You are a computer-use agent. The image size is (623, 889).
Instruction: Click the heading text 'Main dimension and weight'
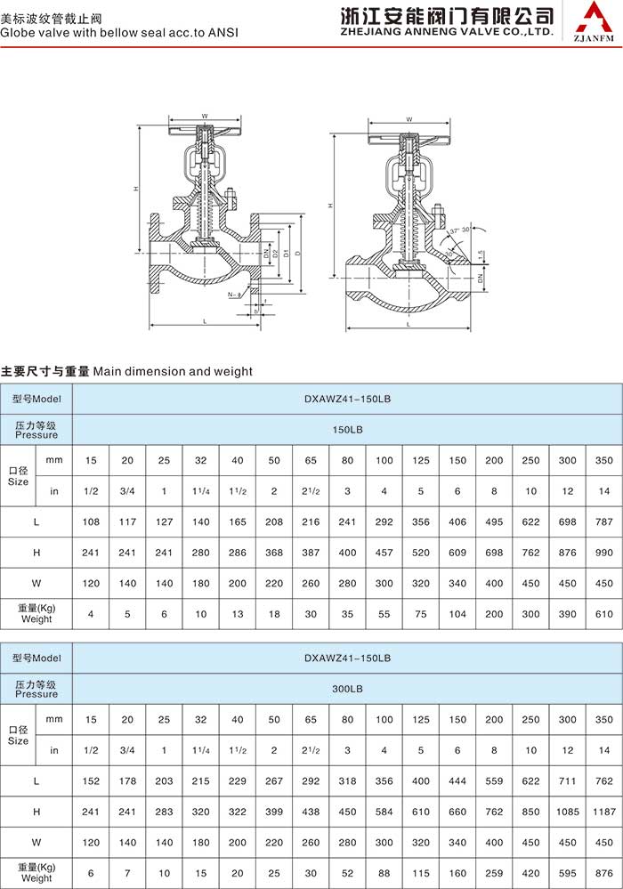tap(173, 371)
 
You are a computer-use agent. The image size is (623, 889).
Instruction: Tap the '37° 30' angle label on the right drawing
tap(460, 230)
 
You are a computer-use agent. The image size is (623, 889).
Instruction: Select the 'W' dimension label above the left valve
tap(204, 117)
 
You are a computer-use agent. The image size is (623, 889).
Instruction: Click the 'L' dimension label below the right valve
tap(409, 325)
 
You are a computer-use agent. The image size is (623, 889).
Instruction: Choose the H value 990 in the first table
tap(604, 554)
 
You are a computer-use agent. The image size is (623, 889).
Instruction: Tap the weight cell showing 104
tap(457, 615)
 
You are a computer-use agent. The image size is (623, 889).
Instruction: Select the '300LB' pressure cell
tap(347, 688)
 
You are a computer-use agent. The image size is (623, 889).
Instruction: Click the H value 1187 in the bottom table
tap(604, 812)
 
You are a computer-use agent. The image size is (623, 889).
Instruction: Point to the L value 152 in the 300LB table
tap(92, 780)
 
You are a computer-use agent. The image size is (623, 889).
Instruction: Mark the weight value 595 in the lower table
tap(568, 873)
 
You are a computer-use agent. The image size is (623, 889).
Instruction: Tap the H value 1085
tap(568, 812)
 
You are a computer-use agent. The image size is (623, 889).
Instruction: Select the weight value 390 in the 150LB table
tap(568, 615)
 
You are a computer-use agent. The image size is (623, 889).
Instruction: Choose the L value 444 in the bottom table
tap(457, 780)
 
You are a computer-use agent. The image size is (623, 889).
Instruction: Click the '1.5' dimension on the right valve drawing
tap(481, 255)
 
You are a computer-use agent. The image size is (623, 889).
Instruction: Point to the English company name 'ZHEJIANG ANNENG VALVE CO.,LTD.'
tap(447, 30)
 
